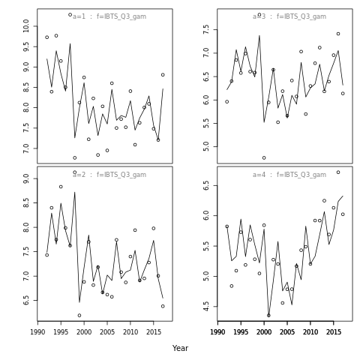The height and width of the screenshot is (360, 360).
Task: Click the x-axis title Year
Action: point(180,348)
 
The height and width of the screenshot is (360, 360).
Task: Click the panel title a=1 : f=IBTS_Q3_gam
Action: point(109,16)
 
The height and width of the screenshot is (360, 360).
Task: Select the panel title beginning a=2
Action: point(109,175)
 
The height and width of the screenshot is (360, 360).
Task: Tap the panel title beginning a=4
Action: point(289,175)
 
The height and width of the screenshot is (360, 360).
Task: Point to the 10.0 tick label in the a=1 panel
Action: point(26,26)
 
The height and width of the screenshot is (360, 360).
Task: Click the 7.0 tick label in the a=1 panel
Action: point(26,148)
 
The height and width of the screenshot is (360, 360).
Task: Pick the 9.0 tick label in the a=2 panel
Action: point(26,178)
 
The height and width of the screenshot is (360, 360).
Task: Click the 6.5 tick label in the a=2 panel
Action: point(26,300)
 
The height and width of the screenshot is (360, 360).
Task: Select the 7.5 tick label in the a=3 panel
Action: point(206,29)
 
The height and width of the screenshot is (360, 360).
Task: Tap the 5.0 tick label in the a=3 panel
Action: point(206,146)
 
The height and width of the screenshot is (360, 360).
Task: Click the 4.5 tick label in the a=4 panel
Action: point(206,307)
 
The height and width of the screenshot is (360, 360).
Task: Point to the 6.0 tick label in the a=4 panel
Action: point(206,215)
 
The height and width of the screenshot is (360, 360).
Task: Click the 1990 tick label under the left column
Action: point(37,332)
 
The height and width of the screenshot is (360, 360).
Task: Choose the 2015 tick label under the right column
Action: point(334,332)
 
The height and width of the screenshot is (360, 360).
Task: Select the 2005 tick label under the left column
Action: point(107,332)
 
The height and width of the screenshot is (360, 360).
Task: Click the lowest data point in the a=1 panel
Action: point(74,157)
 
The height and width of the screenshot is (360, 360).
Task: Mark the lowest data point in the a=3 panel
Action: point(264,157)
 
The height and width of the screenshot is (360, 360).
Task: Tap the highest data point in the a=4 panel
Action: point(338,172)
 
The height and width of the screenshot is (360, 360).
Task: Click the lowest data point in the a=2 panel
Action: point(79,315)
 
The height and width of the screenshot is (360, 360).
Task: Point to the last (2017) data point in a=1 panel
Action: point(163,75)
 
